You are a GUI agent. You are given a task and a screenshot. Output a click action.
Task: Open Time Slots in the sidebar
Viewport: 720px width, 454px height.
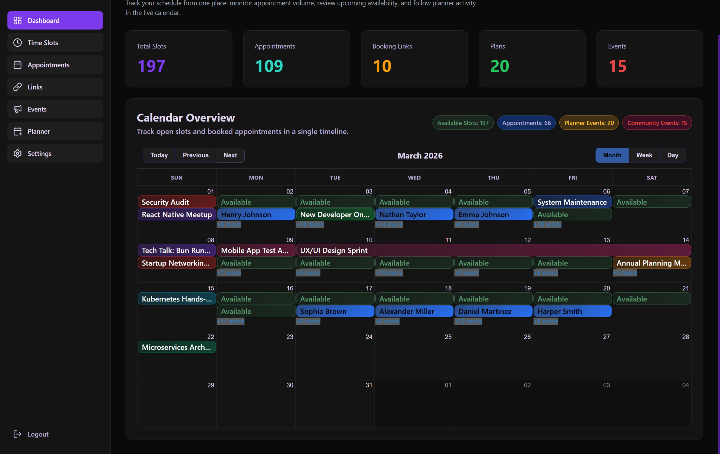[55, 43]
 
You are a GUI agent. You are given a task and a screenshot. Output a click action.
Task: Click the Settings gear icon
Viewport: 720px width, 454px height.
[18, 153]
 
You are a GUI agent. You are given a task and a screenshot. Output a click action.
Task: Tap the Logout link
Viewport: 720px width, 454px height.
[38, 434]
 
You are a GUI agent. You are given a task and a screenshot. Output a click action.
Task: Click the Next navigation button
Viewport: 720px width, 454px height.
[230, 155]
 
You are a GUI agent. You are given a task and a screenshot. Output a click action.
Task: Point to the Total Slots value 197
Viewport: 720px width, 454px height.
[151, 66]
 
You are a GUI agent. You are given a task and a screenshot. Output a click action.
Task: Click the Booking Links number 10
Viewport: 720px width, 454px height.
[382, 66]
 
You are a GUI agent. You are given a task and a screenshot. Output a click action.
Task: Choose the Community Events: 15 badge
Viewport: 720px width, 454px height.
[657, 123]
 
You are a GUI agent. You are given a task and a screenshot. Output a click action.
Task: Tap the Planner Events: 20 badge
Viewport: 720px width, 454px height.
[588, 123]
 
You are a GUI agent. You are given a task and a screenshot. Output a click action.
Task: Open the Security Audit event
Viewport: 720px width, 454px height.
[177, 202]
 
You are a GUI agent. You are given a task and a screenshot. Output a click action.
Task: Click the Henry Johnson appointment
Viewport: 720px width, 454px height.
[256, 214]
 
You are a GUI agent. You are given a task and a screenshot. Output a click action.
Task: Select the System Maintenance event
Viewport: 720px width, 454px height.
[572, 202]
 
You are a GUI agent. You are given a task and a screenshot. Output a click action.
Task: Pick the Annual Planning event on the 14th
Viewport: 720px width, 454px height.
[651, 263]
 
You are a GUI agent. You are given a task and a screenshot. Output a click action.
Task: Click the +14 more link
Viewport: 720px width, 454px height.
[389, 225]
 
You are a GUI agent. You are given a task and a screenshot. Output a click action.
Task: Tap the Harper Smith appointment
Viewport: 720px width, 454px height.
[572, 311]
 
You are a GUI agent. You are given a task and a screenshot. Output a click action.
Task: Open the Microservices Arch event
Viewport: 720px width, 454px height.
[177, 347]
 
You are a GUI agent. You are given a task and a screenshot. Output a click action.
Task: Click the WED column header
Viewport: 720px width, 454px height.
[414, 178]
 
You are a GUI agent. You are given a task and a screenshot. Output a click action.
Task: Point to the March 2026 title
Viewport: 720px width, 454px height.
[420, 156]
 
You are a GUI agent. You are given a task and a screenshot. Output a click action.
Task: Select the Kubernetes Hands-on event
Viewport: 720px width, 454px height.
[177, 299]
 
